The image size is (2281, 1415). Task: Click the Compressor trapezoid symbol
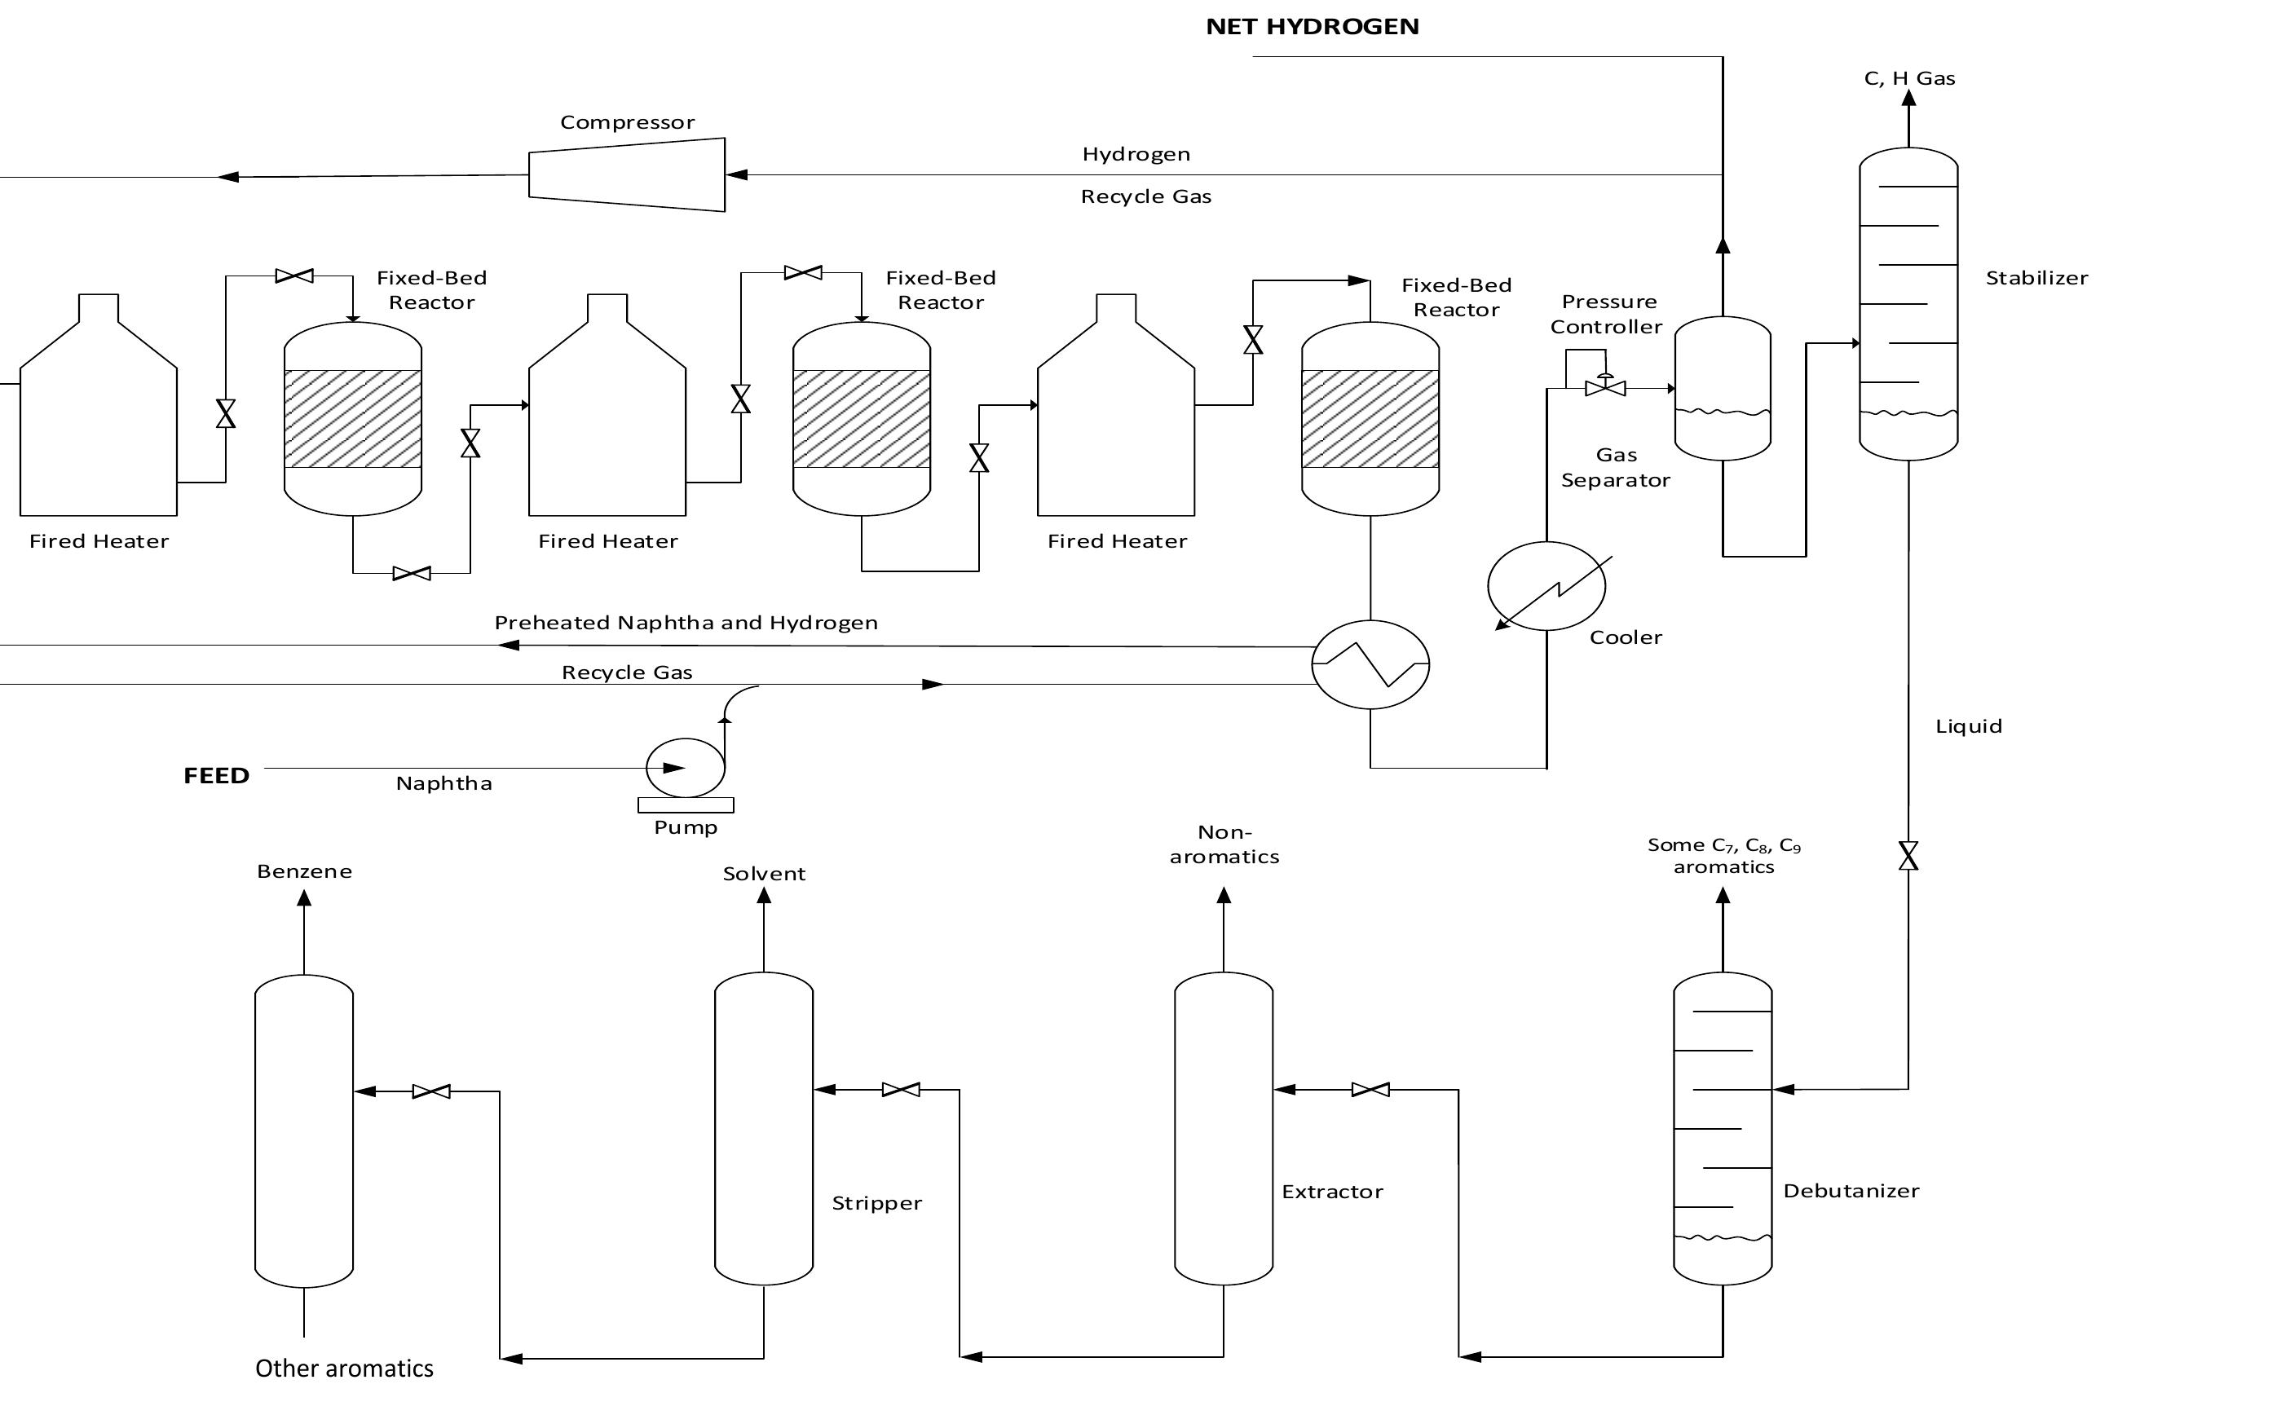pos(627,175)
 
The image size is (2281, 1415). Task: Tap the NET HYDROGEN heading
pos(1312,26)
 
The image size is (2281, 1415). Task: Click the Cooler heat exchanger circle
pos(1546,586)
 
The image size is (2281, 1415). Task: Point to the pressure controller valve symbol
pos(1604,387)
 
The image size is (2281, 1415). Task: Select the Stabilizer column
pos(1908,304)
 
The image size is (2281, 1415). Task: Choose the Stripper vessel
pos(763,1128)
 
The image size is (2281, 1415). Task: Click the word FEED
pos(216,776)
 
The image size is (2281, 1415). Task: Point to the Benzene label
pos(304,871)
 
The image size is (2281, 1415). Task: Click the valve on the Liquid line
pos(1908,855)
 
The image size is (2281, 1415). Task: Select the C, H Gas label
pos(1908,78)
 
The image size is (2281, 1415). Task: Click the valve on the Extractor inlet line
pos(1370,1089)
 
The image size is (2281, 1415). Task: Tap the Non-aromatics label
pos(1224,844)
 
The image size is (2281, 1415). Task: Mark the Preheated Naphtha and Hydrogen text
pos(686,623)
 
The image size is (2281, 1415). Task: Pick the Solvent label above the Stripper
pos(764,873)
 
